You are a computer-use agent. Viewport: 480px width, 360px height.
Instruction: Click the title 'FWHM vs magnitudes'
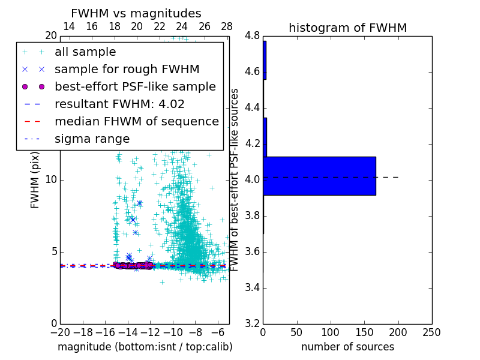[136, 13]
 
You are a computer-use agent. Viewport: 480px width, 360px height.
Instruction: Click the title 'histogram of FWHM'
[347, 28]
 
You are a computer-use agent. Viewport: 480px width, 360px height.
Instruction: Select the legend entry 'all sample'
[85, 52]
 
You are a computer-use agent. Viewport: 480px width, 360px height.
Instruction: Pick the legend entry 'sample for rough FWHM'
[127, 70]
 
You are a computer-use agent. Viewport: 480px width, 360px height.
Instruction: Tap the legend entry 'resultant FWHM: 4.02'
[119, 104]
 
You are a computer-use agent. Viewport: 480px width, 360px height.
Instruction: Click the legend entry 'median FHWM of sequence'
[136, 122]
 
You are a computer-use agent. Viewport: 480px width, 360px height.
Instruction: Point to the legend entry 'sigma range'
[92, 139]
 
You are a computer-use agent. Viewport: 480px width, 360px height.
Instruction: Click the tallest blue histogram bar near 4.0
[319, 176]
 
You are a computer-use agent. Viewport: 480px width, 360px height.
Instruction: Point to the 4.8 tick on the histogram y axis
[252, 36]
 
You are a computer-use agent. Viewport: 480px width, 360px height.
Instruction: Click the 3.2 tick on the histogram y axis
[252, 323]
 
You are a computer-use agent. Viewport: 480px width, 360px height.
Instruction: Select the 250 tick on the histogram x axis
[431, 332]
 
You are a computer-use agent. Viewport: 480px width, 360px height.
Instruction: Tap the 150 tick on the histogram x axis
[364, 332]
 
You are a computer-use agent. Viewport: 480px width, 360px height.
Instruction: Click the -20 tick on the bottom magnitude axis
[60, 332]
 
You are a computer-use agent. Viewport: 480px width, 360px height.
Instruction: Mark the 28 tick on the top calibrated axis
[227, 26]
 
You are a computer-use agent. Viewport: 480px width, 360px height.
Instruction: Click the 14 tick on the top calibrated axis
[69, 26]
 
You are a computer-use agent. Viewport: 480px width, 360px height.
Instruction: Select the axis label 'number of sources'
[347, 347]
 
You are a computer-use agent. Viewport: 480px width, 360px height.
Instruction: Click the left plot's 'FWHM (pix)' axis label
[35, 180]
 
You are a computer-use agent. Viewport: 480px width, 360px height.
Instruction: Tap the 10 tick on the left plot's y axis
[51, 180]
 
